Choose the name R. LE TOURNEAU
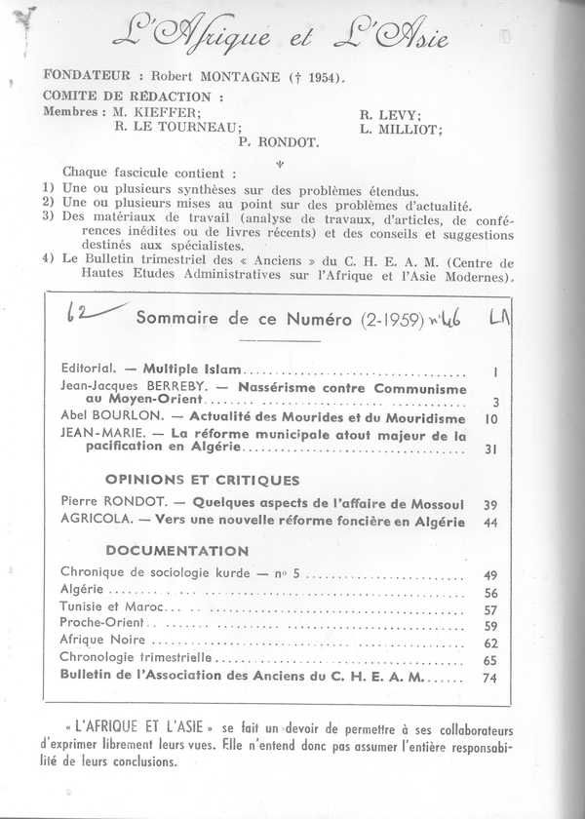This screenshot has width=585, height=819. tap(178, 126)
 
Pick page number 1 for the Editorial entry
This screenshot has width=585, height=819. tap(496, 372)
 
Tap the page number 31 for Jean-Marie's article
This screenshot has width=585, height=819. tap(491, 450)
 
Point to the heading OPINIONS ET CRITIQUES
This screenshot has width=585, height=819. tap(201, 480)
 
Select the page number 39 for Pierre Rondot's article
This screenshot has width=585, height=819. tap(491, 504)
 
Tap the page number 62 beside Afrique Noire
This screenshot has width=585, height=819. tap(491, 643)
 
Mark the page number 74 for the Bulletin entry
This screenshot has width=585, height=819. tap(491, 678)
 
